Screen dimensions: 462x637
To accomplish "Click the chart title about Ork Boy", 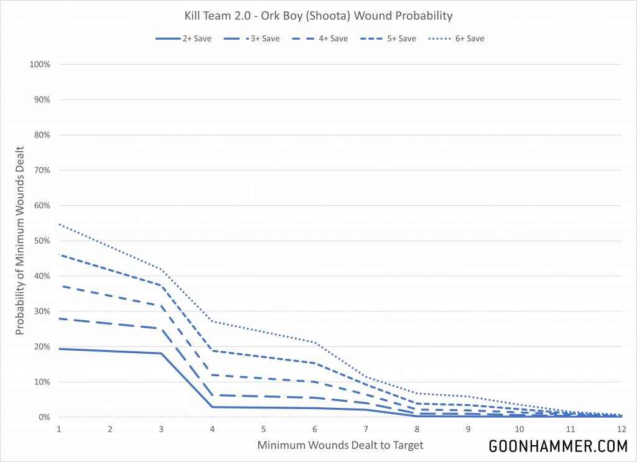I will click(x=318, y=15).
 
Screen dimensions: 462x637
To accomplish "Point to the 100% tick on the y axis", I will click(x=40, y=65).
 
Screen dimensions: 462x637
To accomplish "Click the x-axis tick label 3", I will click(x=161, y=429).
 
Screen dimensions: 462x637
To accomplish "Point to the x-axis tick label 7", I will click(x=366, y=429).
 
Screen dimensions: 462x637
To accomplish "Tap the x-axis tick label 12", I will click(x=621, y=429).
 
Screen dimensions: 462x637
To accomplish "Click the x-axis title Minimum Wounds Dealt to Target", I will click(x=340, y=445).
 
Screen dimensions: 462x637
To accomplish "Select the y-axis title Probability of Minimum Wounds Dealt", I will click(x=21, y=241).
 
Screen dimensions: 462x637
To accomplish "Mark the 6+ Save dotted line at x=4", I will click(x=213, y=321).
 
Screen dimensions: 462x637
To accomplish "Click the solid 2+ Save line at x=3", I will click(x=161, y=353).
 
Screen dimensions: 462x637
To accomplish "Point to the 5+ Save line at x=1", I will click(x=60, y=254).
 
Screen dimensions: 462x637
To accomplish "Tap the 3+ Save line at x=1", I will click(x=60, y=318).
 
